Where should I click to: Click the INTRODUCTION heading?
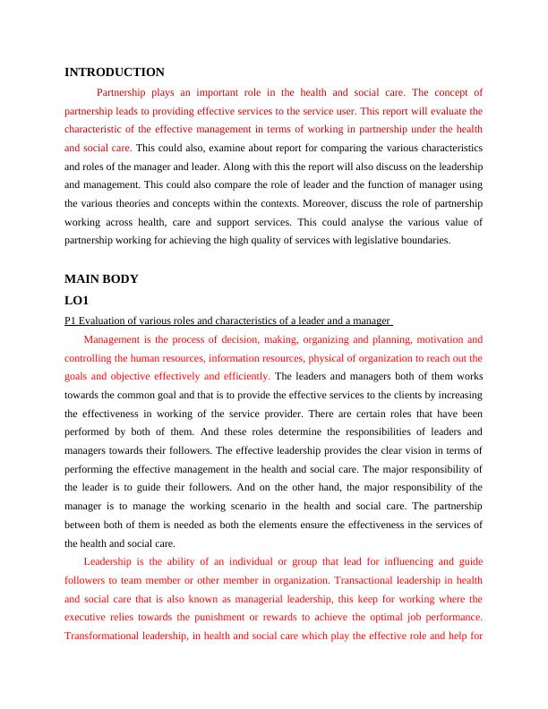[115, 72]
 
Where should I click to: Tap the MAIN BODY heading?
[102, 278]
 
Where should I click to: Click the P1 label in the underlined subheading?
[71, 320]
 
